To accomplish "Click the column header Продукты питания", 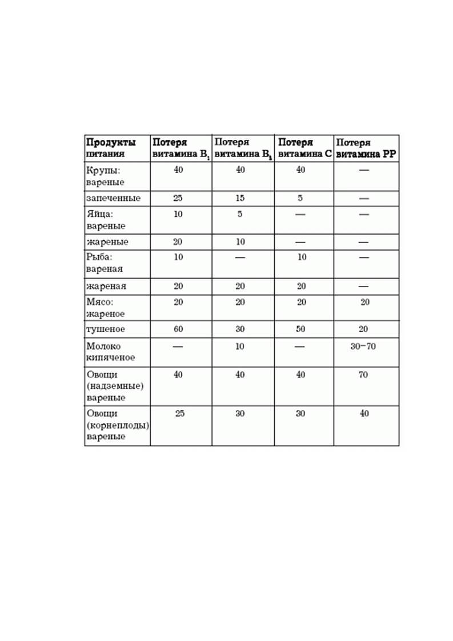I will point(111,148).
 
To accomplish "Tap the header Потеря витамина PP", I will point(366,148).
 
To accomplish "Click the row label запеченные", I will point(113,198).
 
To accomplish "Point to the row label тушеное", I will point(106,329).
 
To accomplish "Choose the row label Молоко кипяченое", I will point(111,352).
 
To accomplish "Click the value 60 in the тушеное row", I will point(178,329).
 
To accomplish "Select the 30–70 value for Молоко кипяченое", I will point(363,346).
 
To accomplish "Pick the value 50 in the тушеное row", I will point(300,329).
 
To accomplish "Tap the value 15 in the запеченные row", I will point(240,198).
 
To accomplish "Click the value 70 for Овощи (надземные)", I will point(363,375).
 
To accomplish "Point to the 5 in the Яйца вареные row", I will point(240,214).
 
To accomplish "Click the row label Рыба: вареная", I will point(105,263).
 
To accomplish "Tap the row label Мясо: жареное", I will point(105,308).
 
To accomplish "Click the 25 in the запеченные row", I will point(178,198).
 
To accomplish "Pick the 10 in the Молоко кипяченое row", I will point(240,346).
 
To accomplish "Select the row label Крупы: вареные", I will point(105,176).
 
